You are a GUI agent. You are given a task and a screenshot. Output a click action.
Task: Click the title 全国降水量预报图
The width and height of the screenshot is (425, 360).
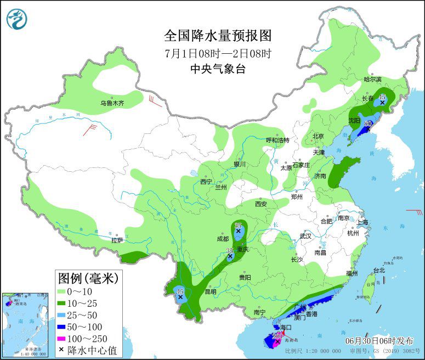click(218, 36)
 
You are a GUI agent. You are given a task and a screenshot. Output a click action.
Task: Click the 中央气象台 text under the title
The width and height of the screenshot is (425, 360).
click(218, 69)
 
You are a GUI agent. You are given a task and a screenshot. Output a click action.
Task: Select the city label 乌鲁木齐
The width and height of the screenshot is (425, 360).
click(112, 103)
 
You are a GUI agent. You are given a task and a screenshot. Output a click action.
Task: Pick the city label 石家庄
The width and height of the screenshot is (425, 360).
click(301, 165)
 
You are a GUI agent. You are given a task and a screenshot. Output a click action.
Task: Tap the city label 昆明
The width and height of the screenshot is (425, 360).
click(211, 291)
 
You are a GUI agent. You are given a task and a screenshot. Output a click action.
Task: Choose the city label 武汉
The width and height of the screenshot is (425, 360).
click(305, 236)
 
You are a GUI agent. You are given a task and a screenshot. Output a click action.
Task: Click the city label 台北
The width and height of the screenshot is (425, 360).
click(379, 270)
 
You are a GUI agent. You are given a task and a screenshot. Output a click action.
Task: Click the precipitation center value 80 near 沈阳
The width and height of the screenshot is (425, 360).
click(369, 123)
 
